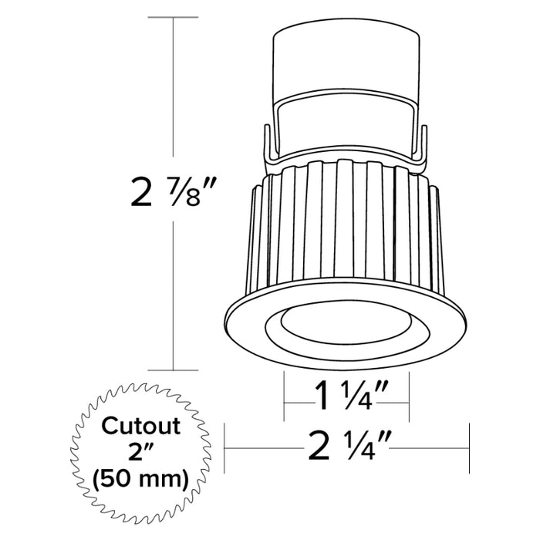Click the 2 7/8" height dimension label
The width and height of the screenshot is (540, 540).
(x=171, y=192)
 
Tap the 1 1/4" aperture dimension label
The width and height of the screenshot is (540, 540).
(x=346, y=400)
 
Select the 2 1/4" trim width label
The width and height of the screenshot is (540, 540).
(x=346, y=447)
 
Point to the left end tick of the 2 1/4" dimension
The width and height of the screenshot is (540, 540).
(x=224, y=447)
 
